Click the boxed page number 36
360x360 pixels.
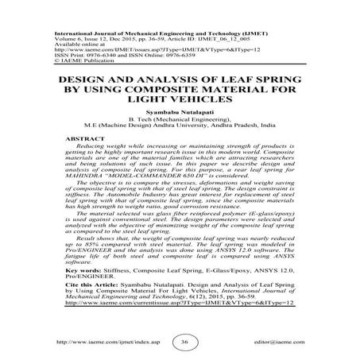[x=184, y=341]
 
